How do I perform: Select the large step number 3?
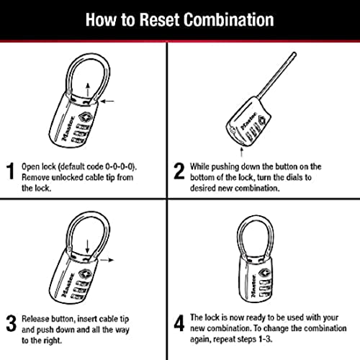(x=10, y=320)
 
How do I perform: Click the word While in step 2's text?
(x=203, y=166)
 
